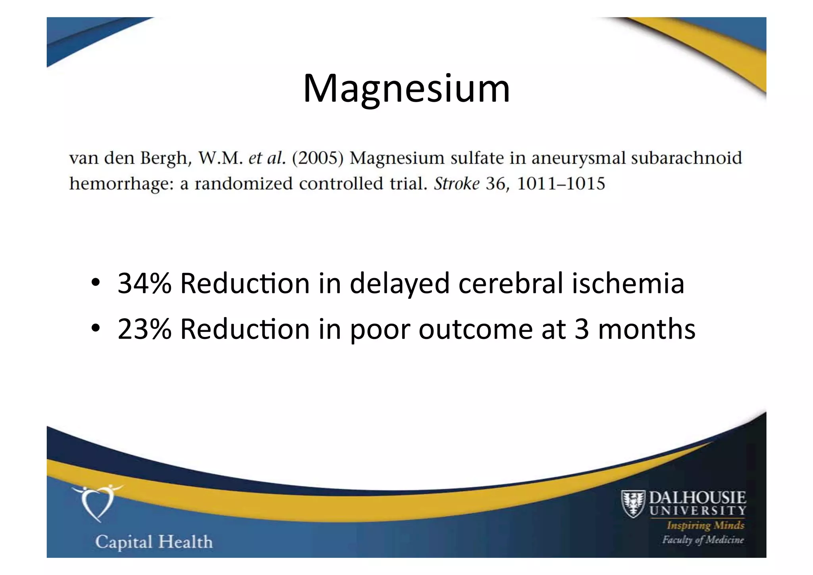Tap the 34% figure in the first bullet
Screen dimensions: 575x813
pos(144,284)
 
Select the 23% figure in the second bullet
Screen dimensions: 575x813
pos(144,329)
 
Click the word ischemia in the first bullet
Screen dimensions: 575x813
pos(628,284)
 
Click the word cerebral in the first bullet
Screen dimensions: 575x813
pos(511,284)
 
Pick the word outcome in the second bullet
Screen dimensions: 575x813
pos(475,329)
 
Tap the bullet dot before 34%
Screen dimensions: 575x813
pos(95,283)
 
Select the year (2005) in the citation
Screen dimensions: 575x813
pos(318,158)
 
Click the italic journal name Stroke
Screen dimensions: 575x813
pos(457,184)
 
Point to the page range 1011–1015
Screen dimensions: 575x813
pos(561,184)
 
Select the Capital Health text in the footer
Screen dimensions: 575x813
pos(154,542)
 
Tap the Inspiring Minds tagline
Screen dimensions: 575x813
pos(705,525)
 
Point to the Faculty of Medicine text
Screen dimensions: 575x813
pos(703,540)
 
